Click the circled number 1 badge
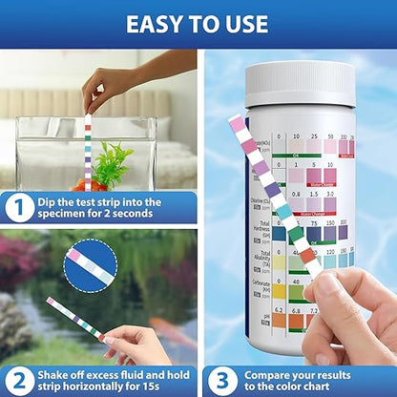pos(19,208)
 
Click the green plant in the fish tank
pos(113,162)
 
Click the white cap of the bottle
pos(301,84)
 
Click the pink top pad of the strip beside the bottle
pos(237,124)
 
